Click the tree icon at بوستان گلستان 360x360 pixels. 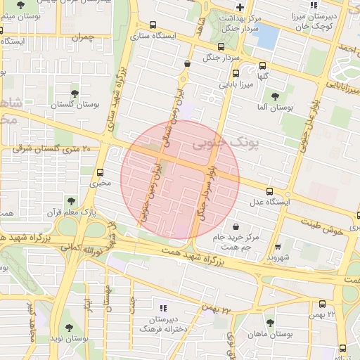click(75, 93)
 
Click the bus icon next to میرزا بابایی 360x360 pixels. click(234, 72)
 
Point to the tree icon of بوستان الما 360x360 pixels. click(275, 96)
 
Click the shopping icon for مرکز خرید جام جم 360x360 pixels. click(234, 227)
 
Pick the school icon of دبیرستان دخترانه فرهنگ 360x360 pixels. click(163, 307)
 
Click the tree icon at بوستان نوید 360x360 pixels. click(68, 328)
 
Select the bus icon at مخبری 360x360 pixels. click(100, 172)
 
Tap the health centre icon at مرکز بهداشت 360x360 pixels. click(240, 6)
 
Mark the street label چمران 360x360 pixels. click(82, 36)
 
